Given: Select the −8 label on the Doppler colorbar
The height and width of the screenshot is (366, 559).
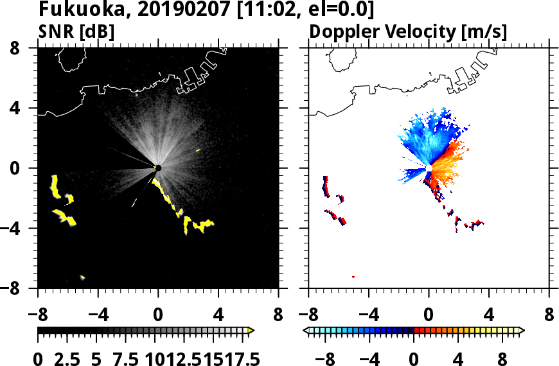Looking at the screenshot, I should click(325, 357).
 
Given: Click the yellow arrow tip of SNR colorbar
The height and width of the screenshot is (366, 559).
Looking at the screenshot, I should click(251, 330).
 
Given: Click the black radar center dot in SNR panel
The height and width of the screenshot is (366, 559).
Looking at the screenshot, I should click(158, 168).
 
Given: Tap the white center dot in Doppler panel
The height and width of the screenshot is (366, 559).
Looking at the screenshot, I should click(429, 168).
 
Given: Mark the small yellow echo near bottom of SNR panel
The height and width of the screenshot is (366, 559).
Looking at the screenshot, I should click(83, 277).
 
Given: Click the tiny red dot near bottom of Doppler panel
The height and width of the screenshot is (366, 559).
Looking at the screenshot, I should click(353, 277).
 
